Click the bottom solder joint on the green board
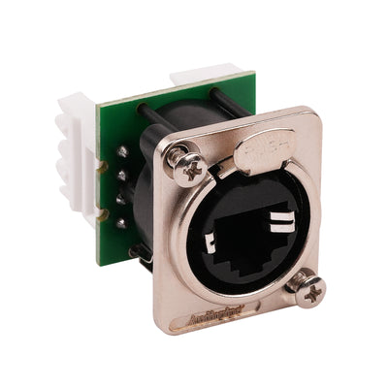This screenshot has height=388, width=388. (x=121, y=222)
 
